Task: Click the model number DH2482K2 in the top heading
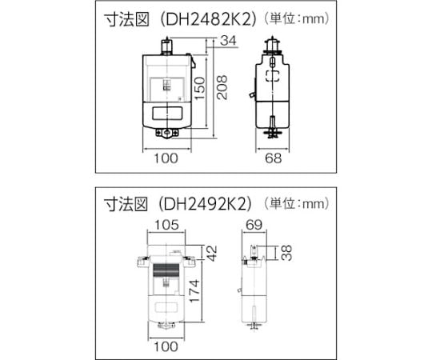click(209, 19)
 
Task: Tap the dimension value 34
click(229, 41)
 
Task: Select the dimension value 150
click(199, 89)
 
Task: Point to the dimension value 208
click(222, 87)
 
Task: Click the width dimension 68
click(274, 158)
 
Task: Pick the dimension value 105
click(166, 225)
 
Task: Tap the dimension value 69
click(254, 225)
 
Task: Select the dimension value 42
click(211, 253)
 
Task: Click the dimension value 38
click(287, 253)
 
